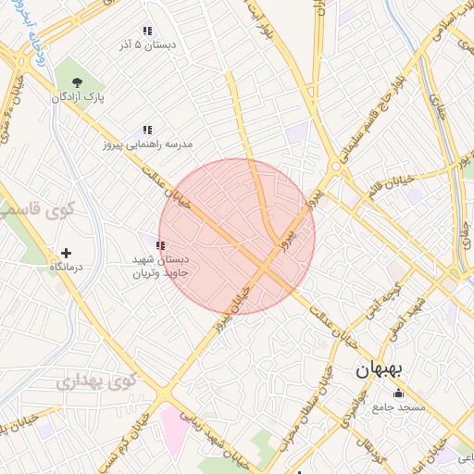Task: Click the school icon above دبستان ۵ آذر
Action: [x=147, y=31]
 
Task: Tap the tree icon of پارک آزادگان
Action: [x=76, y=83]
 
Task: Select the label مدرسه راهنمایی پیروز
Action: [x=147, y=145]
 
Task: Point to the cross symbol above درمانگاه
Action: [x=65, y=253]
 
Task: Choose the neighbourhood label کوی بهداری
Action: [x=96, y=380]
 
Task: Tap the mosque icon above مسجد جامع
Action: [x=398, y=393]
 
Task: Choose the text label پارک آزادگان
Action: [x=76, y=97]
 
